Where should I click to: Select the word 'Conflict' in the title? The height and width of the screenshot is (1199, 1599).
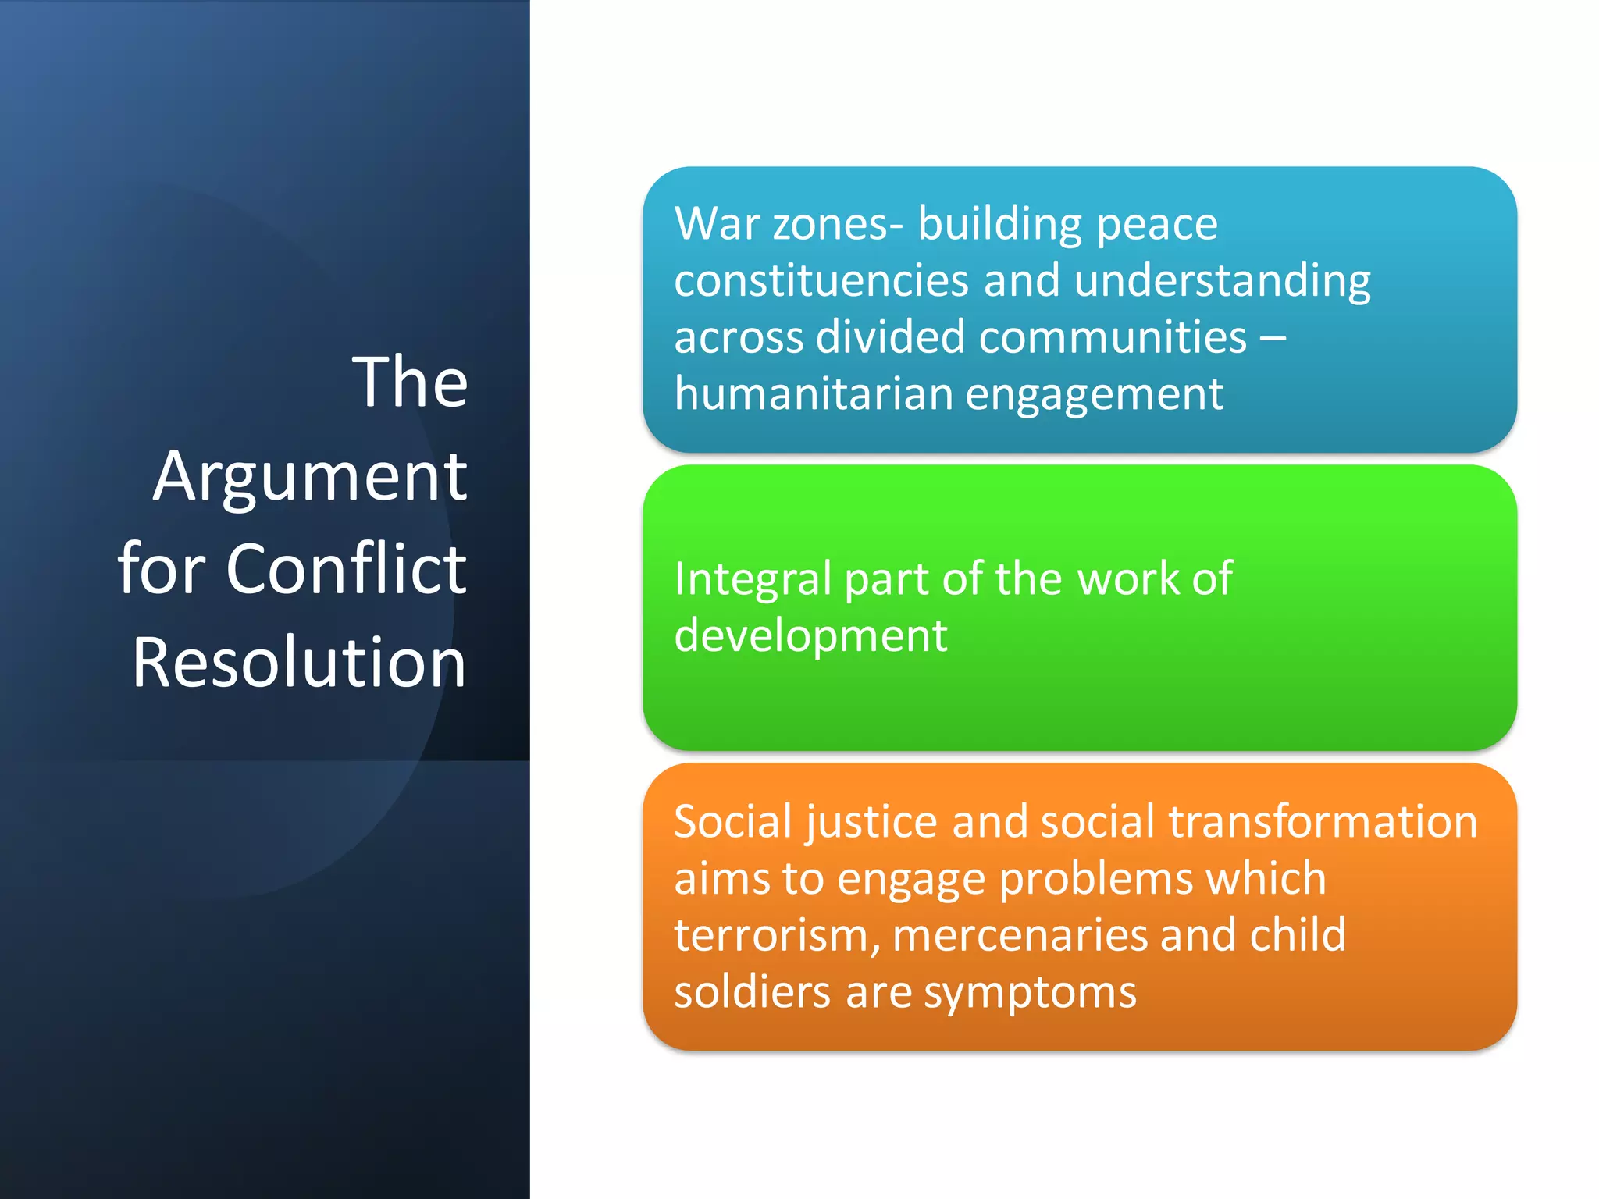click(x=346, y=569)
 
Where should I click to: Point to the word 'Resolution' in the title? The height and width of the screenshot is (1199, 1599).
click(x=299, y=663)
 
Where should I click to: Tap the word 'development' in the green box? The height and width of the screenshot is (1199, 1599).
click(x=810, y=636)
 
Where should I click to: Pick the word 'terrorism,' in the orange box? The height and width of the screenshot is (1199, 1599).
click(x=777, y=936)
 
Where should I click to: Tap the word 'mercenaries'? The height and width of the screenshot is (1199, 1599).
click(x=1019, y=936)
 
